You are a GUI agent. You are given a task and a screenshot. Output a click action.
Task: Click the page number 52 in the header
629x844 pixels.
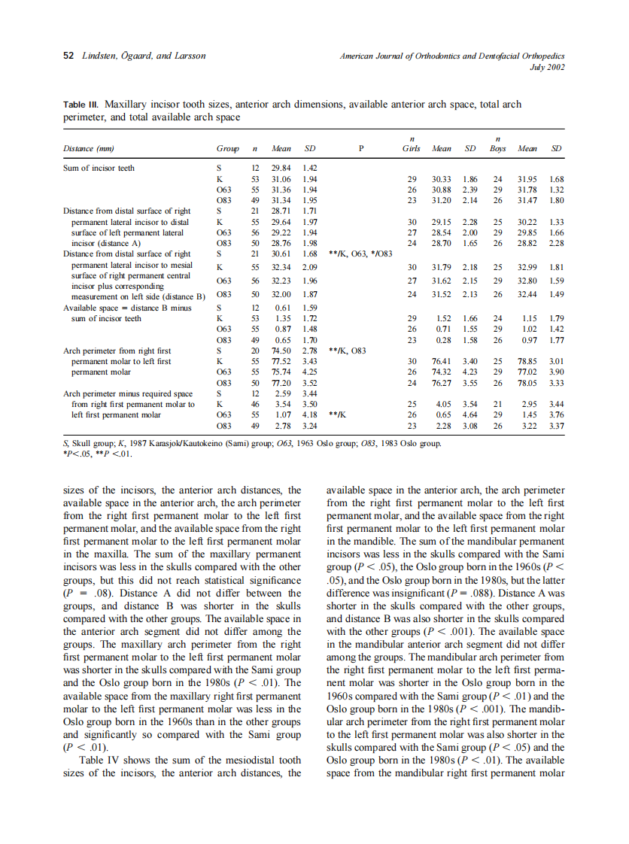[x=67, y=56]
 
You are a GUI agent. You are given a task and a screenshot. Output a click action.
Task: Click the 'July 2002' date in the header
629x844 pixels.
[x=548, y=66]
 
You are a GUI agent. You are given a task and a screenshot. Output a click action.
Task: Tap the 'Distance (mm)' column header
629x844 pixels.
[x=88, y=148]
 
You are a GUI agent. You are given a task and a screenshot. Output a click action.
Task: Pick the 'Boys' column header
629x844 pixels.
[x=497, y=148]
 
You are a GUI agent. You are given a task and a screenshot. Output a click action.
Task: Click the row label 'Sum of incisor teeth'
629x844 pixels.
[x=99, y=168]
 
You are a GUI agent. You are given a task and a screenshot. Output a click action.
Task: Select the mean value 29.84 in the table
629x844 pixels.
[x=281, y=168]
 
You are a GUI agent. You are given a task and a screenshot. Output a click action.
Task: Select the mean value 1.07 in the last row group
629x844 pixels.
[x=283, y=414]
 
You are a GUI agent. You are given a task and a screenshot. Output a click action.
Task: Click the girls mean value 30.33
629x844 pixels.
[x=442, y=179]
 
